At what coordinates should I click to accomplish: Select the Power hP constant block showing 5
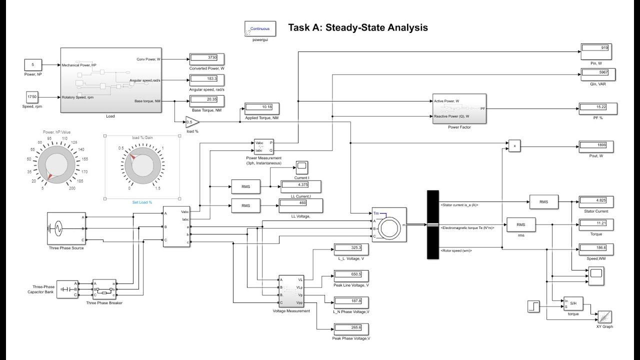(x=33, y=64)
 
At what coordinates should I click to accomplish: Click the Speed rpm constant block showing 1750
(x=33, y=96)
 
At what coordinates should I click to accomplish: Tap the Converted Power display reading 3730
(x=206, y=58)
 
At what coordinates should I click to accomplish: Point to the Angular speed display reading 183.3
(x=206, y=79)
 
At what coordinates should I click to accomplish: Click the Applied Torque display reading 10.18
(x=261, y=108)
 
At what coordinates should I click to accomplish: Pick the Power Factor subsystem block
(x=459, y=108)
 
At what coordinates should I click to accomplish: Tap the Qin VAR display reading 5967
(x=597, y=74)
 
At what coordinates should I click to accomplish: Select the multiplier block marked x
(x=514, y=146)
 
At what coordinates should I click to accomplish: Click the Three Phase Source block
(x=66, y=228)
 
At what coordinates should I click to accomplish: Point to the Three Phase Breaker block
(x=104, y=289)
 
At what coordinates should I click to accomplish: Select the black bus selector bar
(x=432, y=224)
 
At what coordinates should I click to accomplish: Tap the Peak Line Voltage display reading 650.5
(x=351, y=275)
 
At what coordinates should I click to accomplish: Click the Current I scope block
(x=301, y=166)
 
